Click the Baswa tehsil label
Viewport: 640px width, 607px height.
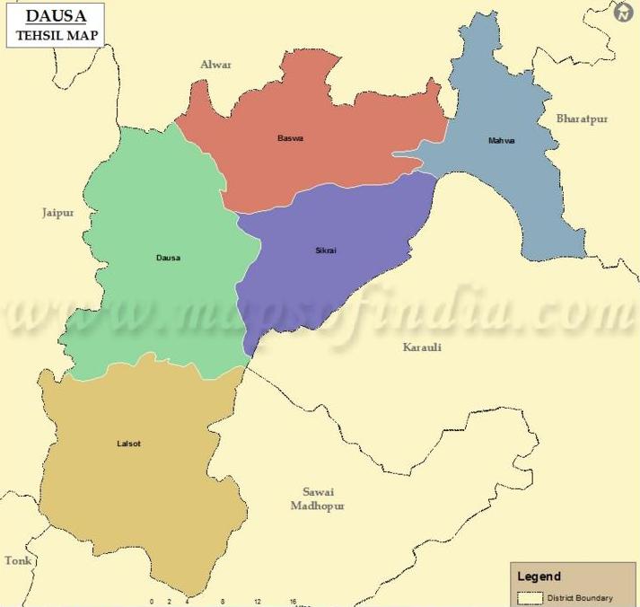[x=290, y=138]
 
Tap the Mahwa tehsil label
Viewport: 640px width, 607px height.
[x=501, y=141]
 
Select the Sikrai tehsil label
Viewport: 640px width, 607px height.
[x=326, y=250]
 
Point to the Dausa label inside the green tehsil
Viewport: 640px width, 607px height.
[x=168, y=258]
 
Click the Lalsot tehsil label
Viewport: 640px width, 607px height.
[x=128, y=444]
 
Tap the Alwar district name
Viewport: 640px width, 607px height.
[x=215, y=65]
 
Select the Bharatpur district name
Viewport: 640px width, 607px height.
[x=582, y=119]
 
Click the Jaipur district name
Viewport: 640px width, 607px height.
[x=57, y=213]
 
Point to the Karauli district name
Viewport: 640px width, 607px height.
[x=422, y=347]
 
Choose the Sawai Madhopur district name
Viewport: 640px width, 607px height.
[x=317, y=498]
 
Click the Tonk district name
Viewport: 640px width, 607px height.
[x=18, y=560]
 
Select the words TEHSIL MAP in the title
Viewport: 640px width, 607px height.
[x=56, y=36]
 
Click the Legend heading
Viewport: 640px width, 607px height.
[x=539, y=576]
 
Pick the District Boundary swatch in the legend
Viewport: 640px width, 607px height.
[x=530, y=598]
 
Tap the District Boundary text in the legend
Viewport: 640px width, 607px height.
[x=581, y=598]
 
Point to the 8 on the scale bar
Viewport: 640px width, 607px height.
[x=223, y=602]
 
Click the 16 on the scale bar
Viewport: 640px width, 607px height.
[x=293, y=602]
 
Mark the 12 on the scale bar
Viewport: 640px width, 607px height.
[x=258, y=602]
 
